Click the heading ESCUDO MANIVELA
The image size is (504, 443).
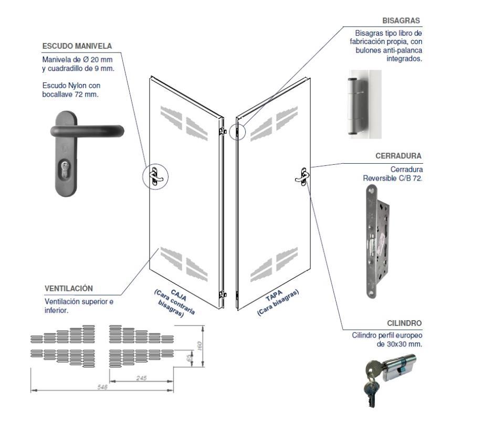click(77, 46)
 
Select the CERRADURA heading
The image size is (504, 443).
click(398, 156)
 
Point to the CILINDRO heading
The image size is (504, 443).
click(404, 323)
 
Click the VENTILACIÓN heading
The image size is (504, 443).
click(69, 289)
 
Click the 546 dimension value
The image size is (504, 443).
click(102, 387)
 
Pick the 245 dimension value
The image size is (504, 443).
click(141, 377)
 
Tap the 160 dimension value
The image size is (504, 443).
click(199, 346)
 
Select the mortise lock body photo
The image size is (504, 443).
click(376, 242)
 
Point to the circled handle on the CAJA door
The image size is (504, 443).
click(155, 176)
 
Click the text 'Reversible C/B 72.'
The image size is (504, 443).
click(393, 178)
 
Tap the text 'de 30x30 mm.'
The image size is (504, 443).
click(400, 344)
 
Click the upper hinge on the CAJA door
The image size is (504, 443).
click(223, 130)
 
